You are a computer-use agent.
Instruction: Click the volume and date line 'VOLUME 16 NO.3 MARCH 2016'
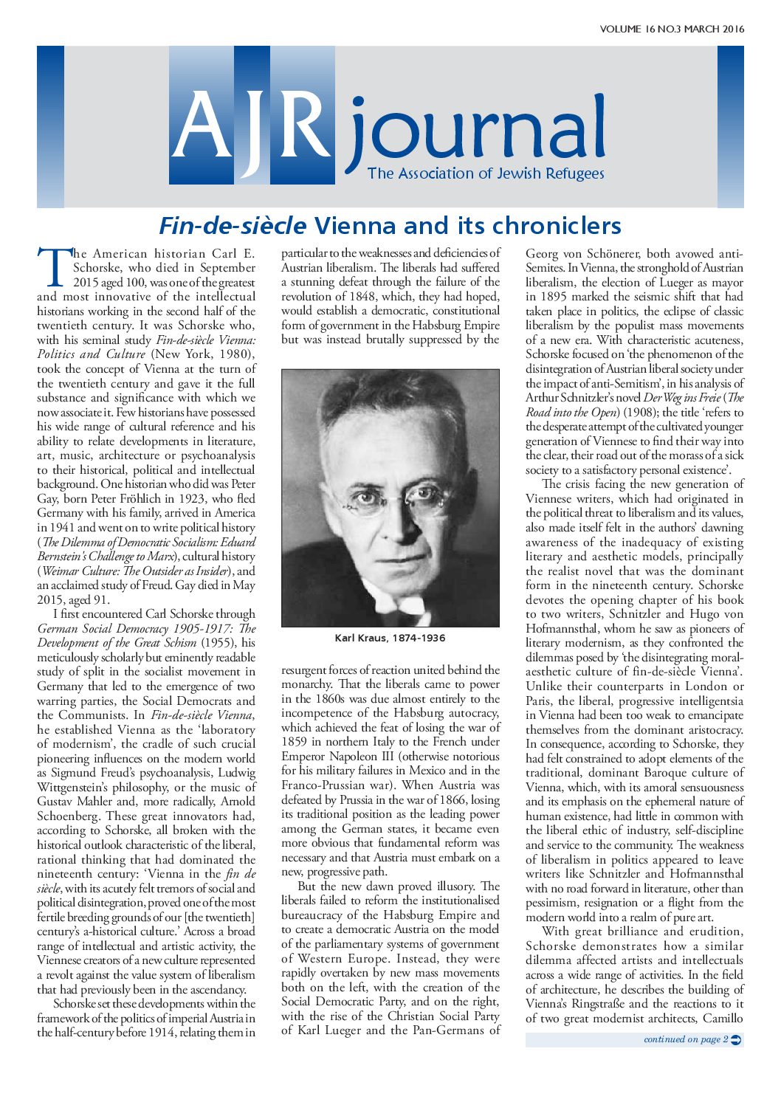point(672,30)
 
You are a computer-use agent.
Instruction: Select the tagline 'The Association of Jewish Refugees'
point(486,174)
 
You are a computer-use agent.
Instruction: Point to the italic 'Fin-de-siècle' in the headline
point(233,225)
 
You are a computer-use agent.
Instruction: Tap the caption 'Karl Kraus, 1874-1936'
point(390,638)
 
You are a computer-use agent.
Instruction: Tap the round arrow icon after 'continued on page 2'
point(736,1039)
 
